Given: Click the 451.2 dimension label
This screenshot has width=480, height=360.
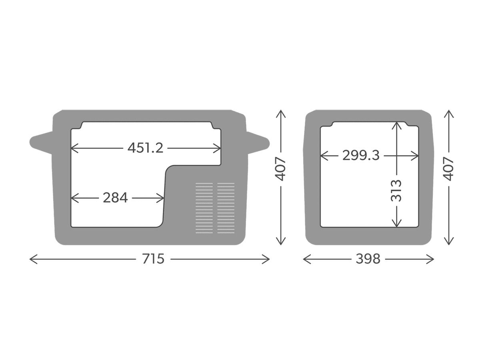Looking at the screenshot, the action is (x=145, y=148).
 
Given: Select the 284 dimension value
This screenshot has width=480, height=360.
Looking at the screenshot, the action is (x=115, y=198).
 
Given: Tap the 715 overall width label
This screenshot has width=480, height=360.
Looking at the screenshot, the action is (x=153, y=259).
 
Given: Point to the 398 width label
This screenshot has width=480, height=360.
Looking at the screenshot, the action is (x=368, y=259).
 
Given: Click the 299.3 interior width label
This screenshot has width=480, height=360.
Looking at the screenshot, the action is (x=361, y=156).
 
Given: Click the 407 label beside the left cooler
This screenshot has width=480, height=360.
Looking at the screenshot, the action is (x=280, y=169).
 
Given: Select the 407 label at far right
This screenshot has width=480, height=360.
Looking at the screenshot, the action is (x=448, y=169).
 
